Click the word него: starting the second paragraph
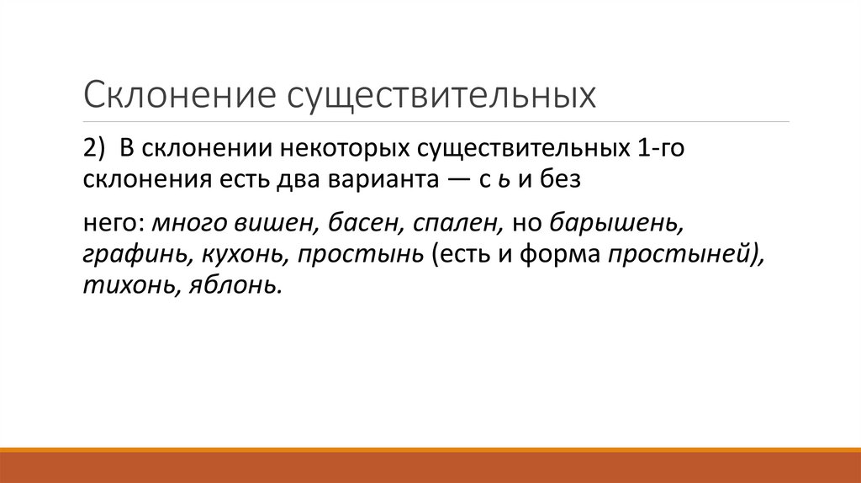(x=114, y=223)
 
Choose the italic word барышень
(x=616, y=223)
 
